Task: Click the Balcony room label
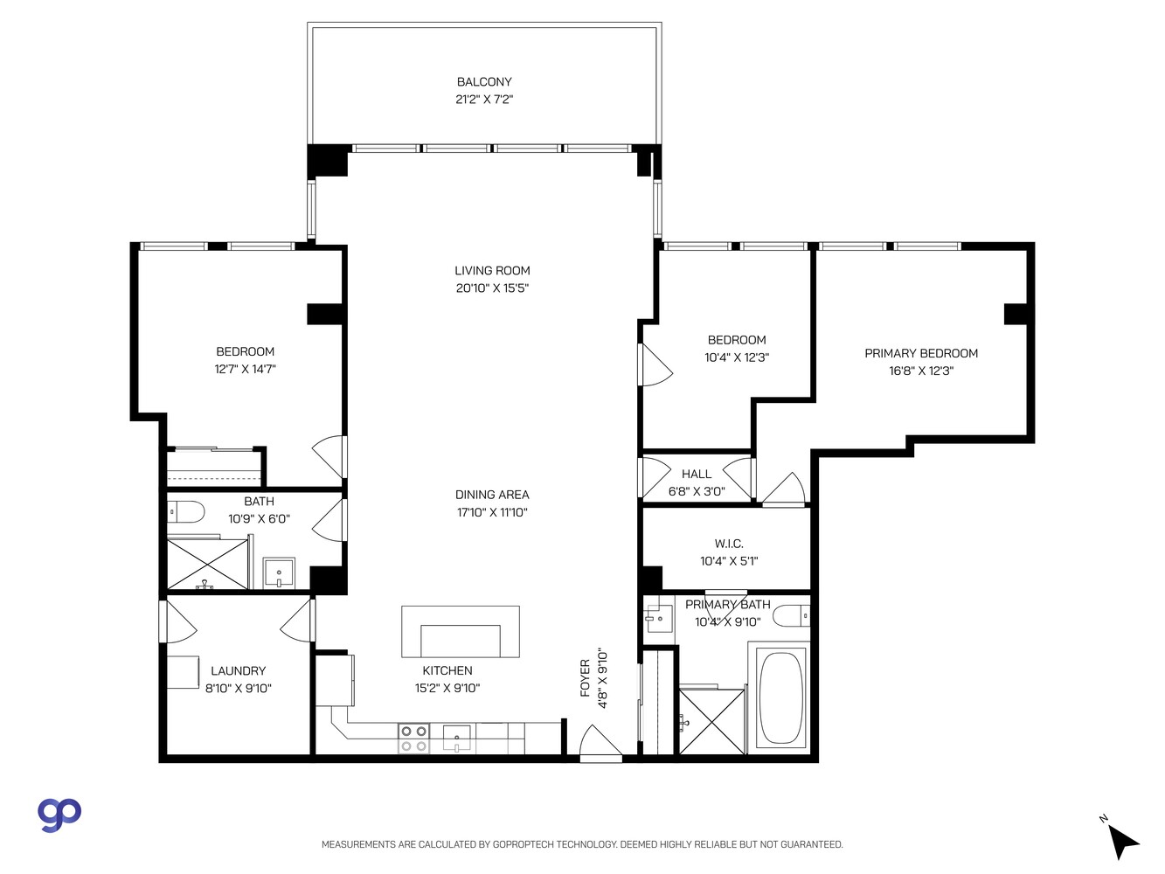click(x=483, y=82)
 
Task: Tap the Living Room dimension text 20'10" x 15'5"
click(x=492, y=288)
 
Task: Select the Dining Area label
click(x=492, y=495)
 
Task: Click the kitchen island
click(x=460, y=632)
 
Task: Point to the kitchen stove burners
click(x=413, y=739)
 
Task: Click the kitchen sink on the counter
click(x=456, y=739)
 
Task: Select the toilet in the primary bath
click(x=793, y=615)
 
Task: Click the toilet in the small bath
click(x=185, y=510)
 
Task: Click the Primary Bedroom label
click(x=921, y=353)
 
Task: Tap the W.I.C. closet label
click(x=729, y=544)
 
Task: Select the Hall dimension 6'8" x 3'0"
click(x=697, y=491)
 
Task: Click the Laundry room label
click(x=238, y=671)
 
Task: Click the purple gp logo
click(x=59, y=813)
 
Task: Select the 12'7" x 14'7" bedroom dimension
click(x=245, y=370)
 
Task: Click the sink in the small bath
click(x=280, y=574)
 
